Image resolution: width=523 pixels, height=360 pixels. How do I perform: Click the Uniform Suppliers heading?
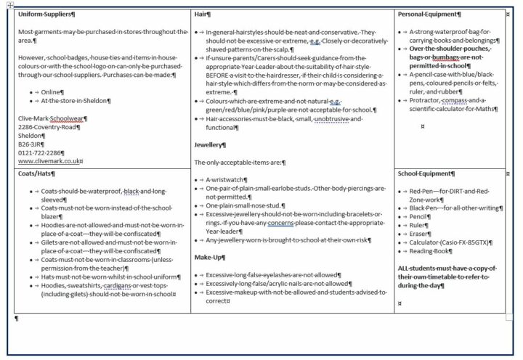(50, 14)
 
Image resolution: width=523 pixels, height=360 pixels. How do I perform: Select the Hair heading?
(202, 14)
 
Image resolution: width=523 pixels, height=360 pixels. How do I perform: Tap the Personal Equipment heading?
(428, 14)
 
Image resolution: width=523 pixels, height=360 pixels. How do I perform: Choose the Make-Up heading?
(209, 257)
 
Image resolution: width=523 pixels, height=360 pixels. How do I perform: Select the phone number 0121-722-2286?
(44, 152)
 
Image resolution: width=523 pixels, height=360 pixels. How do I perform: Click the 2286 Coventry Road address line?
(48, 126)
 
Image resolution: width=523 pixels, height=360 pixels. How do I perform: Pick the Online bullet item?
(51, 92)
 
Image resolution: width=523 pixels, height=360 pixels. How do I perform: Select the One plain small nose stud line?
(243, 205)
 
